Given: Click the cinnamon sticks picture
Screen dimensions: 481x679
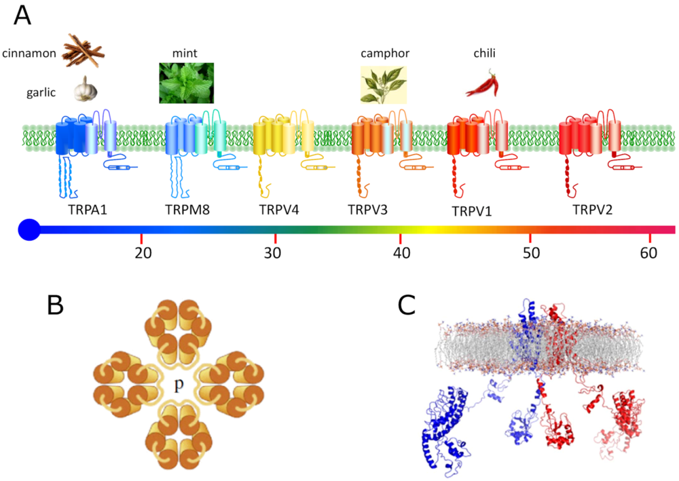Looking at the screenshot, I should click(x=83, y=50).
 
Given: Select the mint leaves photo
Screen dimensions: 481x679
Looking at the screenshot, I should click(x=186, y=82).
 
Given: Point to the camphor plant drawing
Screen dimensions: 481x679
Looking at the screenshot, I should click(x=383, y=85).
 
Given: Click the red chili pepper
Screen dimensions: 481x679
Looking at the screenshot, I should click(x=482, y=84).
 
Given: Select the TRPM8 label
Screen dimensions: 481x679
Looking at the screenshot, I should click(x=187, y=209).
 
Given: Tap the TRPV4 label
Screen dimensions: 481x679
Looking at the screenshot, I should click(x=278, y=209).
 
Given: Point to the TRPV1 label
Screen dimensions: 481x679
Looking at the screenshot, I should click(x=471, y=210).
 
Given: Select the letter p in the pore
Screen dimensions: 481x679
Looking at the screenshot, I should click(x=179, y=385).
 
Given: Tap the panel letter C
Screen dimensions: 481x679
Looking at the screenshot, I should click(x=407, y=306).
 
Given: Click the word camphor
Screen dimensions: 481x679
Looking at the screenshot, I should click(x=384, y=53).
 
